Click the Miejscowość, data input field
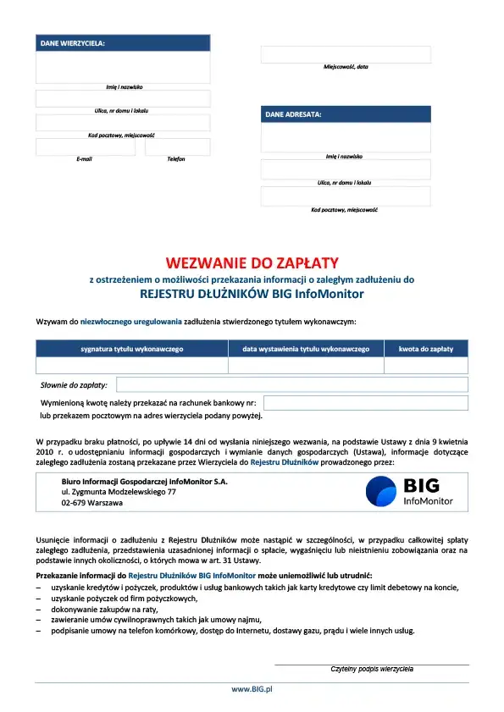(346, 54)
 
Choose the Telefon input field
(177, 147)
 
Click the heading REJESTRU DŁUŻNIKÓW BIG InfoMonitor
(252, 295)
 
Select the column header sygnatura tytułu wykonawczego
(131, 349)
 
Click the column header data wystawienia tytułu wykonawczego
(306, 349)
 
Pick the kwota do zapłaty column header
(426, 349)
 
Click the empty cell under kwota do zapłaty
(426, 366)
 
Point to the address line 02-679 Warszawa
(91, 503)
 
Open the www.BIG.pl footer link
(252, 690)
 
